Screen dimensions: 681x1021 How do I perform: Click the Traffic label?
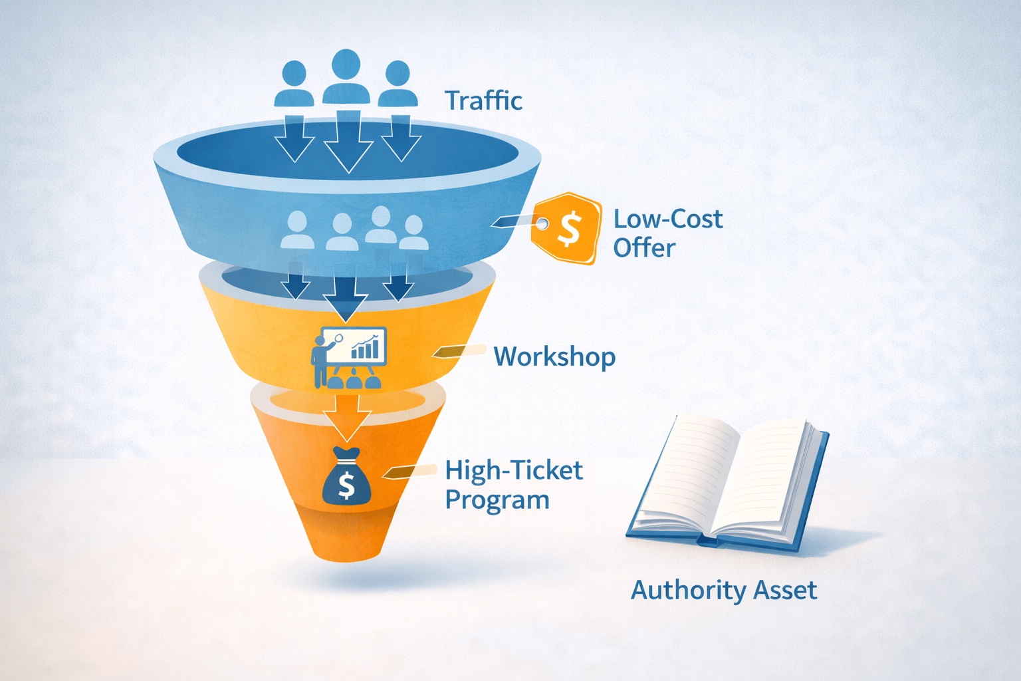(x=483, y=100)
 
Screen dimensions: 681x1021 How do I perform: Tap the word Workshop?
(x=554, y=356)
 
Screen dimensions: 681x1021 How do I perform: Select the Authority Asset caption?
(x=723, y=590)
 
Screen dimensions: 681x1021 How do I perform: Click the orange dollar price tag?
(x=566, y=228)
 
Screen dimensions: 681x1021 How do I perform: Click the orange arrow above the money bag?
(x=346, y=416)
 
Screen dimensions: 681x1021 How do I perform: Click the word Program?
(x=497, y=500)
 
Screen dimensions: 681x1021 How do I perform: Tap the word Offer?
(x=643, y=248)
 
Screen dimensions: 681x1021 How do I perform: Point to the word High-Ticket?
(x=514, y=470)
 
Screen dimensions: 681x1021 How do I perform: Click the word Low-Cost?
(x=667, y=219)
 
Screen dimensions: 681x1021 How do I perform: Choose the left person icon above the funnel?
(x=294, y=84)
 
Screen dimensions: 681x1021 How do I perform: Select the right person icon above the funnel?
(x=397, y=84)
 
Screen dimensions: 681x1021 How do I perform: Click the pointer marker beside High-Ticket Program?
(x=407, y=472)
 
